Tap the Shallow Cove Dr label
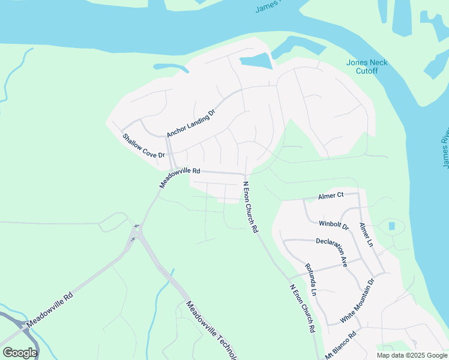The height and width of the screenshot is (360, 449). coord(144,146)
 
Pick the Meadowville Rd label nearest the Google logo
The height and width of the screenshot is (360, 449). coord(50,310)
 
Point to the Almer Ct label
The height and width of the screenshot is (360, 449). coord(330,196)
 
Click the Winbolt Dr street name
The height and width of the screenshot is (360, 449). coord(334,225)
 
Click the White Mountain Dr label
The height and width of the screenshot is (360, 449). coord(357,301)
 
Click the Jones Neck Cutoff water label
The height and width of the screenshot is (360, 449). coord(367,67)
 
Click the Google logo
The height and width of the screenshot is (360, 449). coord(20,353)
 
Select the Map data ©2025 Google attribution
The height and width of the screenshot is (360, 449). coord(412,355)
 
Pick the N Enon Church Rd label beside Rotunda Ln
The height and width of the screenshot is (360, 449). coord(302,309)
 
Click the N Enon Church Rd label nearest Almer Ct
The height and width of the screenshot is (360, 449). coord(250,207)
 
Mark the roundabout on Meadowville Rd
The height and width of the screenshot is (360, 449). coord(137,229)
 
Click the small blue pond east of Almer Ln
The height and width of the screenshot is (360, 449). coord(392,226)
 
